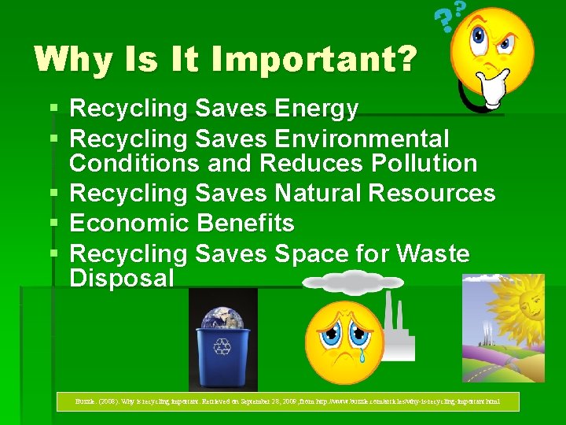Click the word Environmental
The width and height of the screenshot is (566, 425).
362,139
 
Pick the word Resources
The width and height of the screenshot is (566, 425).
434,193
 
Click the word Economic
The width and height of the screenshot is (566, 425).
130,224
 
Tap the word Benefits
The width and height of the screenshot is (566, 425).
245,224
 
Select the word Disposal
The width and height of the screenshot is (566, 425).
122,278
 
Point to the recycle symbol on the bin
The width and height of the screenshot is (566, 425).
223,347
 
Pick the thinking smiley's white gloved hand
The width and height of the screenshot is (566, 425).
494,90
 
